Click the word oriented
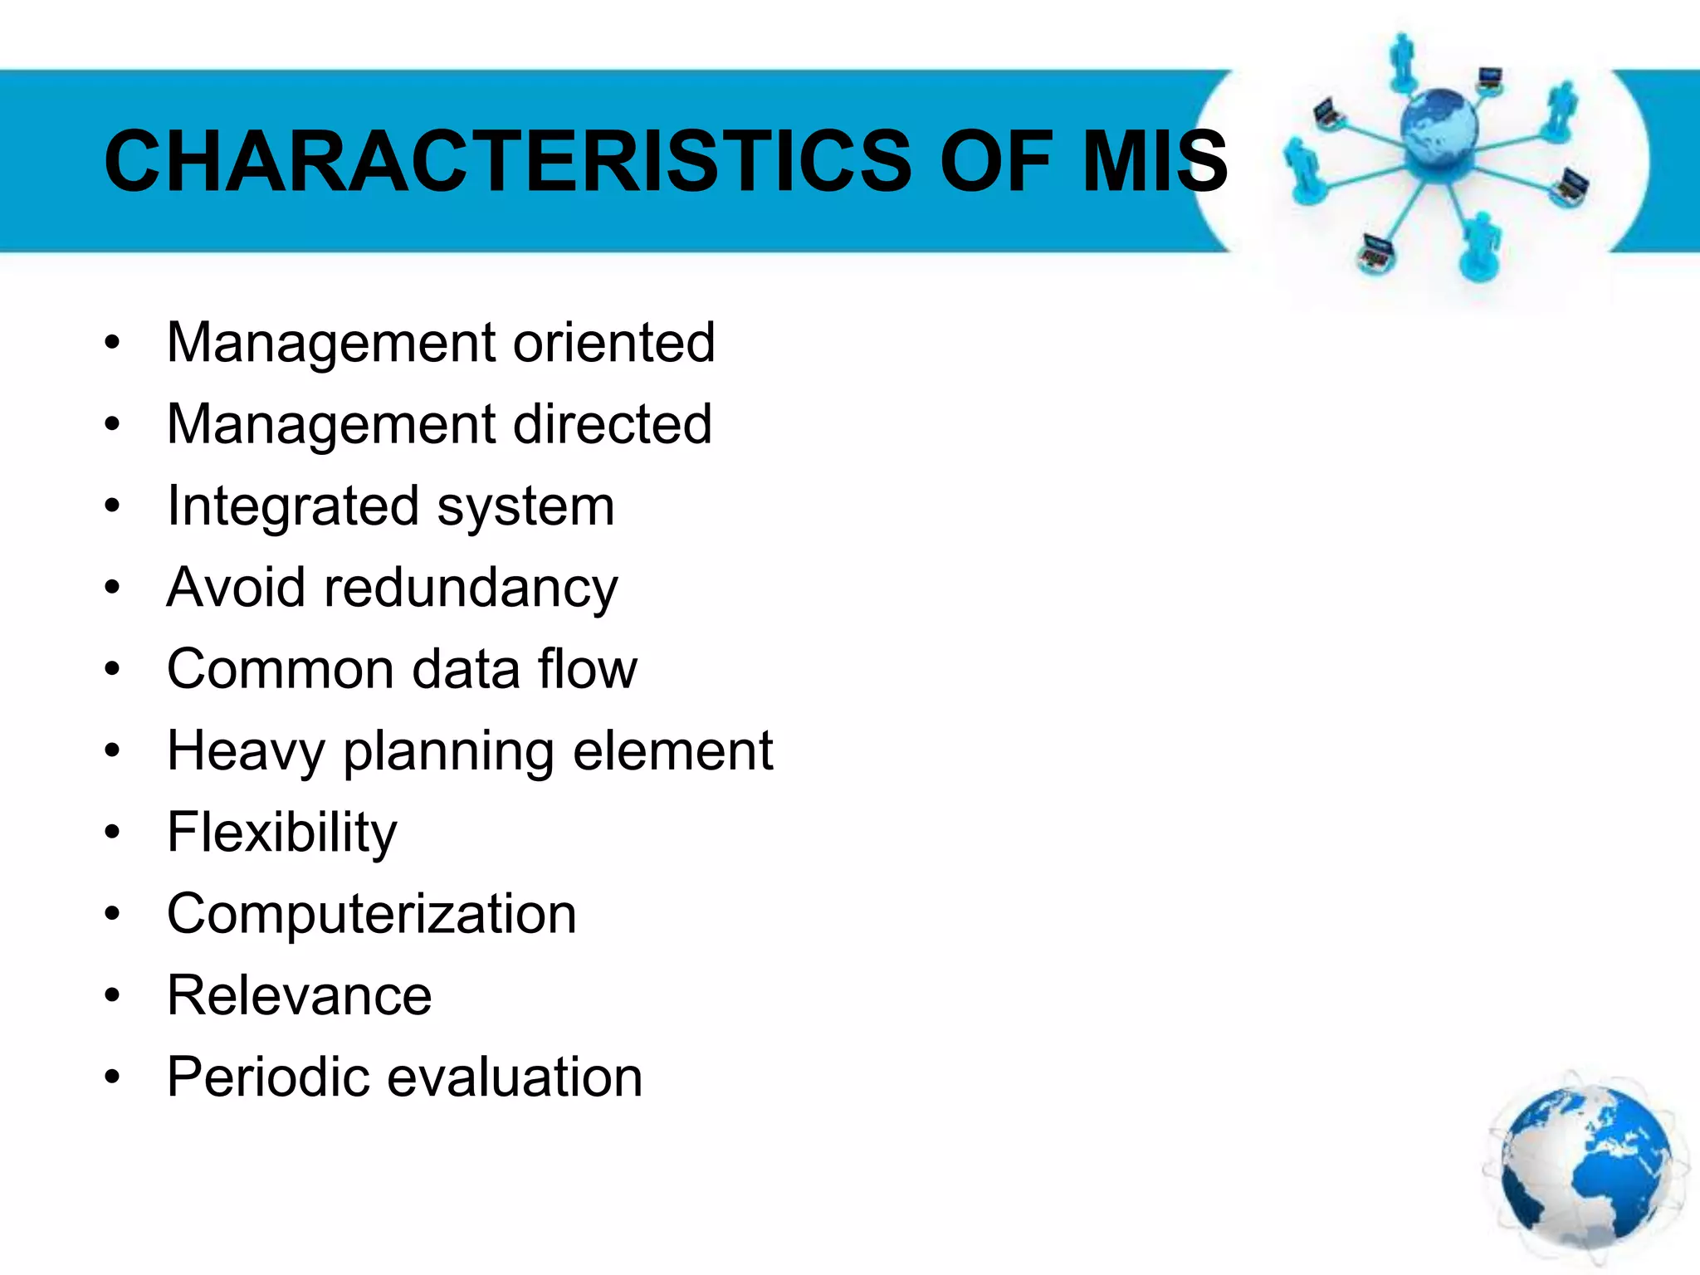pos(613,342)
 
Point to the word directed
pos(612,424)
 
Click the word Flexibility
pos(282,833)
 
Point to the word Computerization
pos(371,914)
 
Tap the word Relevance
pos(299,995)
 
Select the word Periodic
pos(268,1077)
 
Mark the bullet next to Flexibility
pos(113,833)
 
